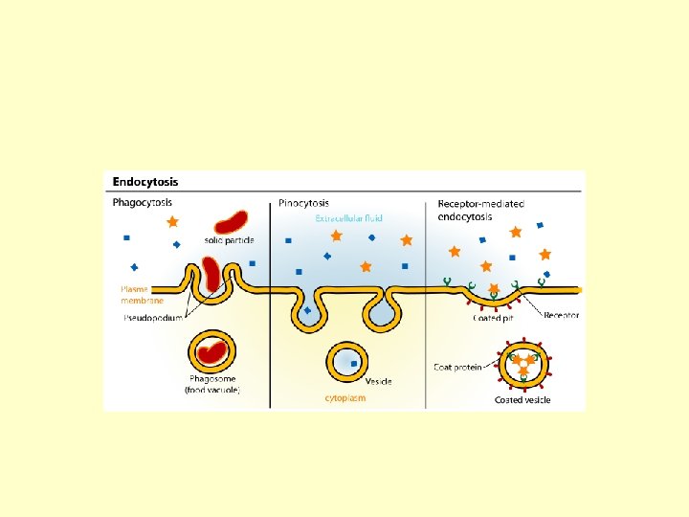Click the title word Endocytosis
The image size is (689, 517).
pyautogui.click(x=145, y=181)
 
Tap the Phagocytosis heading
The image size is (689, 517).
pyautogui.click(x=144, y=203)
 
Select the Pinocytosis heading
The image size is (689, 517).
pyautogui.click(x=303, y=203)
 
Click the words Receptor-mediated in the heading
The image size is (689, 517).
pyautogui.click(x=480, y=204)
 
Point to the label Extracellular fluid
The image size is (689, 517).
pyautogui.click(x=349, y=218)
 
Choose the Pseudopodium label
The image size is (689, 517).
pyautogui.click(x=153, y=317)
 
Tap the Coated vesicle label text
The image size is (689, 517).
pyautogui.click(x=522, y=400)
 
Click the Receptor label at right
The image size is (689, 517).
pyautogui.click(x=561, y=315)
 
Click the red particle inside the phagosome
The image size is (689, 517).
pyautogui.click(x=212, y=352)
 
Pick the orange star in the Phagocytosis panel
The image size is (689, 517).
pyautogui.click(x=172, y=221)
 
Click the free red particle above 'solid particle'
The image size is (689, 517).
pyautogui.click(x=231, y=223)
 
